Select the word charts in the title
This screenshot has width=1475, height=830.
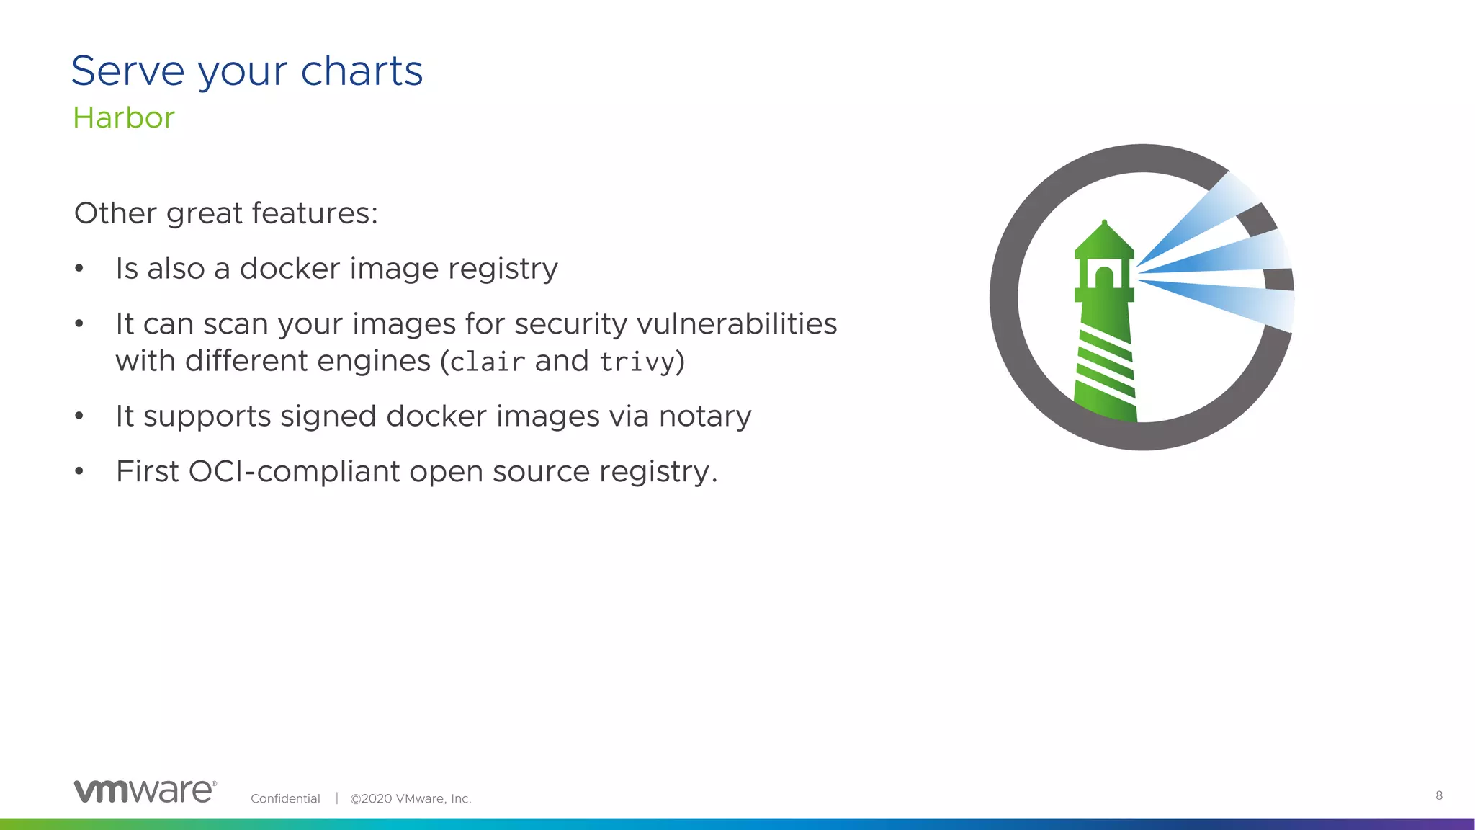tap(362, 71)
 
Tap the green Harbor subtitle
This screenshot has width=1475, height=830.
tap(124, 118)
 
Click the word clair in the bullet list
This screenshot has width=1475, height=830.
tap(487, 362)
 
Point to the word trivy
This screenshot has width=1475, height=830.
tap(637, 362)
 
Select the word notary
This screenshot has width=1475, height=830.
tap(704, 416)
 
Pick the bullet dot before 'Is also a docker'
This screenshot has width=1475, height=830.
tap(79, 269)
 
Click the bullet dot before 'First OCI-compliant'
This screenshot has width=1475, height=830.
tap(79, 472)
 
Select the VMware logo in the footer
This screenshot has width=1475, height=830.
tap(145, 791)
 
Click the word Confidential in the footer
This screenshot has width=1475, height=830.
tap(285, 798)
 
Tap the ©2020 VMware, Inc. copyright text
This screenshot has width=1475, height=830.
tap(411, 798)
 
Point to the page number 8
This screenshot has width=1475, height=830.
tap(1439, 795)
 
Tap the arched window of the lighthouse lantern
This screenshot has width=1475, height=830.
tap(1103, 277)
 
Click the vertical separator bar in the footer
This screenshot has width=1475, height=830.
tap(336, 798)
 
